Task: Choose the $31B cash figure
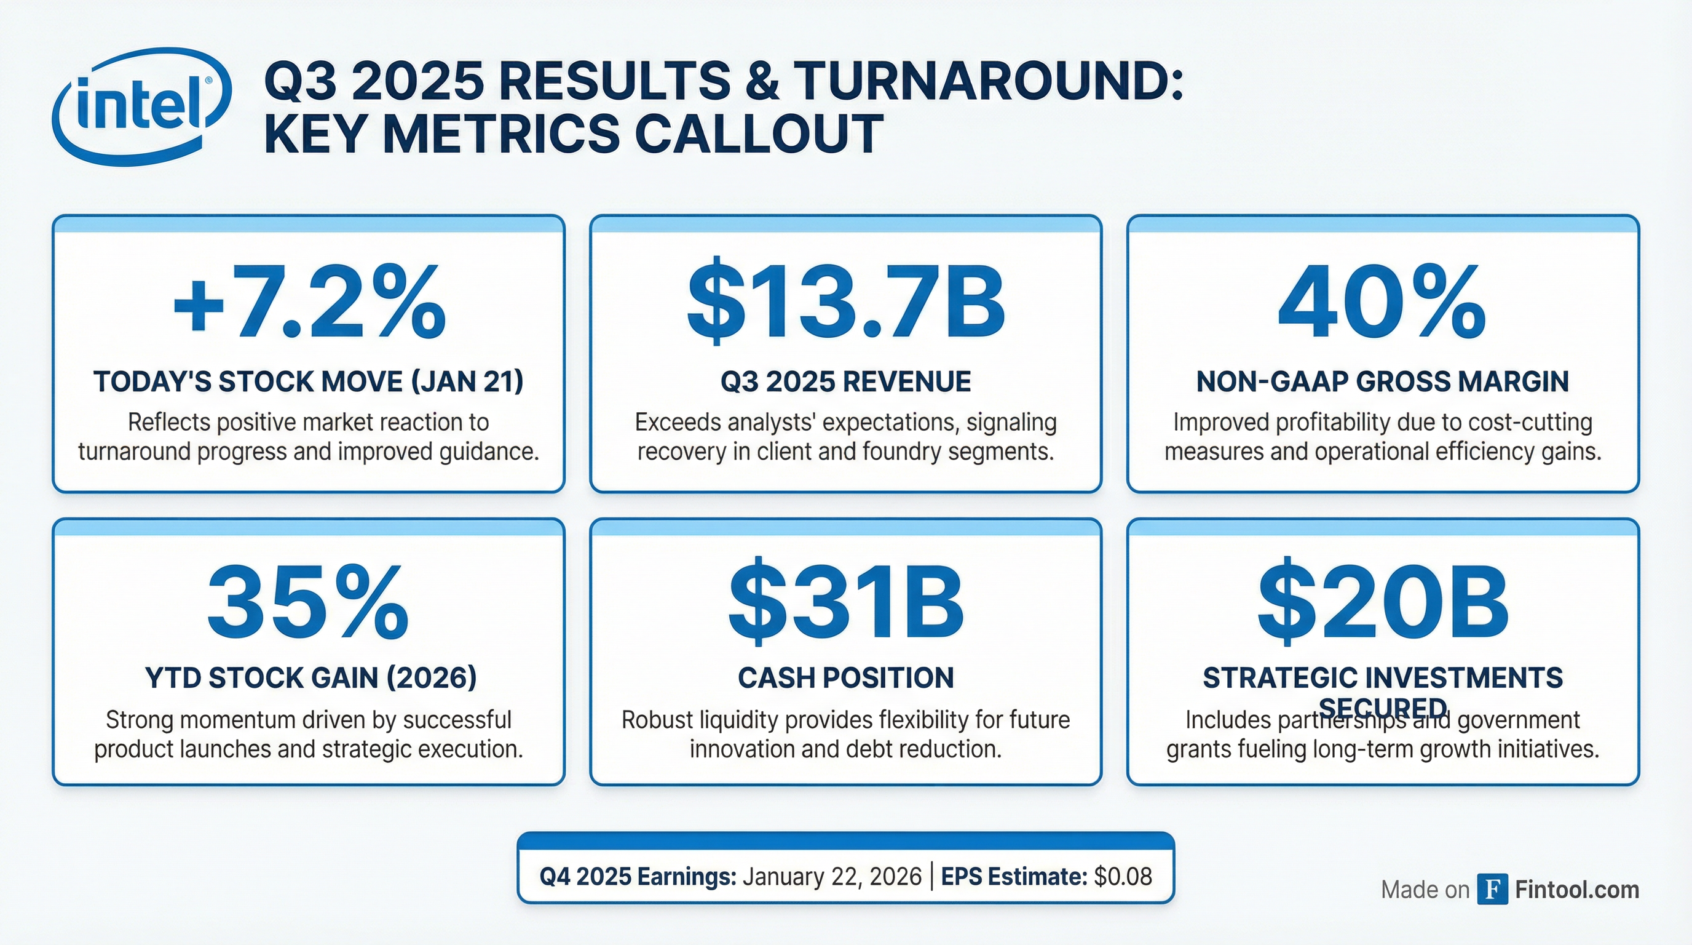[x=845, y=604]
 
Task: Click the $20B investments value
[x=1382, y=604]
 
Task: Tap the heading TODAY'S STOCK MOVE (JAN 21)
[x=308, y=382]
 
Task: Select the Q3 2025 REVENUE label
[x=845, y=382]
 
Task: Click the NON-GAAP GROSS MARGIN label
[x=1382, y=382]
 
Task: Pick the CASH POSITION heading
[x=845, y=678]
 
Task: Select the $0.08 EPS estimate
[x=1123, y=877]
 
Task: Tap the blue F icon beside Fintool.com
[x=1492, y=889]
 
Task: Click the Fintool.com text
[x=1577, y=890]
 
